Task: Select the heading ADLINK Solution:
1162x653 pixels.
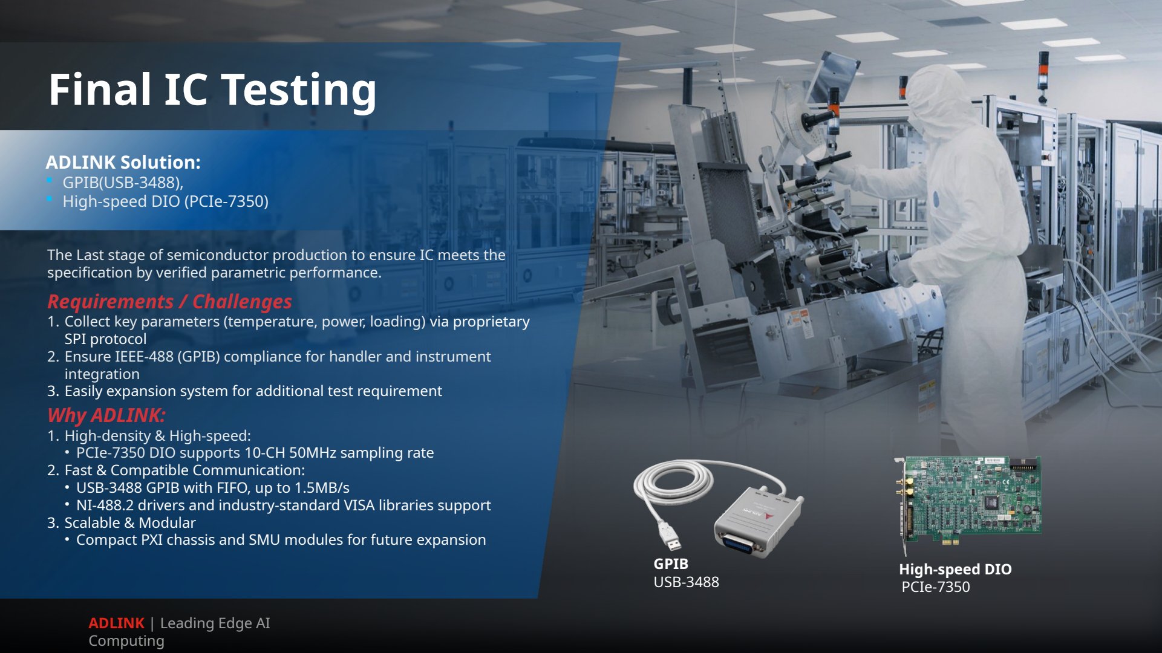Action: point(123,162)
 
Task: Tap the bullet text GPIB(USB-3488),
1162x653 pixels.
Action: point(123,183)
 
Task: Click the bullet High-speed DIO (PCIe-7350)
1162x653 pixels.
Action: point(165,201)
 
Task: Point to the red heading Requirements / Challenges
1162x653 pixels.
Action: point(169,301)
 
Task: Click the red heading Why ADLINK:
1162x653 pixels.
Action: point(106,415)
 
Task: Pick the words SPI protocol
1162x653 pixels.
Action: point(105,339)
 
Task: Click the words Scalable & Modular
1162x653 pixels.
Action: point(130,523)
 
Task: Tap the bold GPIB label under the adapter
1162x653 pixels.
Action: point(671,564)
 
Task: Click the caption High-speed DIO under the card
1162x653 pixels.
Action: point(955,570)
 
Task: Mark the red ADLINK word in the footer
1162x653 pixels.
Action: point(116,623)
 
